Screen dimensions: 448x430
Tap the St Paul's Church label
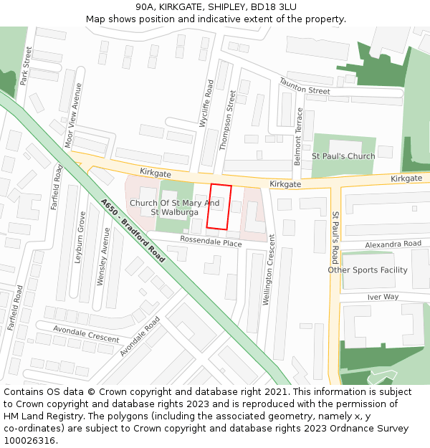coord(343,156)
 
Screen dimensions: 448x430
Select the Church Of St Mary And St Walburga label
coord(174,207)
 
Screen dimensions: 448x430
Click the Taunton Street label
coord(304,87)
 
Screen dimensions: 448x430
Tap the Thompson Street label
coord(226,120)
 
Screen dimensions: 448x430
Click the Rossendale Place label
coord(211,242)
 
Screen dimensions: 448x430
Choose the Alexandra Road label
coord(393,244)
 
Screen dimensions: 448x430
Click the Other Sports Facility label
coord(368,270)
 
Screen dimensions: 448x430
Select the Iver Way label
coord(383,297)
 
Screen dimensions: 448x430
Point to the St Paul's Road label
coord(335,237)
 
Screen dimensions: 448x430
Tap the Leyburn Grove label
coord(80,237)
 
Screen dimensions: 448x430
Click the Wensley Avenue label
coord(103,257)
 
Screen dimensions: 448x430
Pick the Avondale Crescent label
coord(87,333)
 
